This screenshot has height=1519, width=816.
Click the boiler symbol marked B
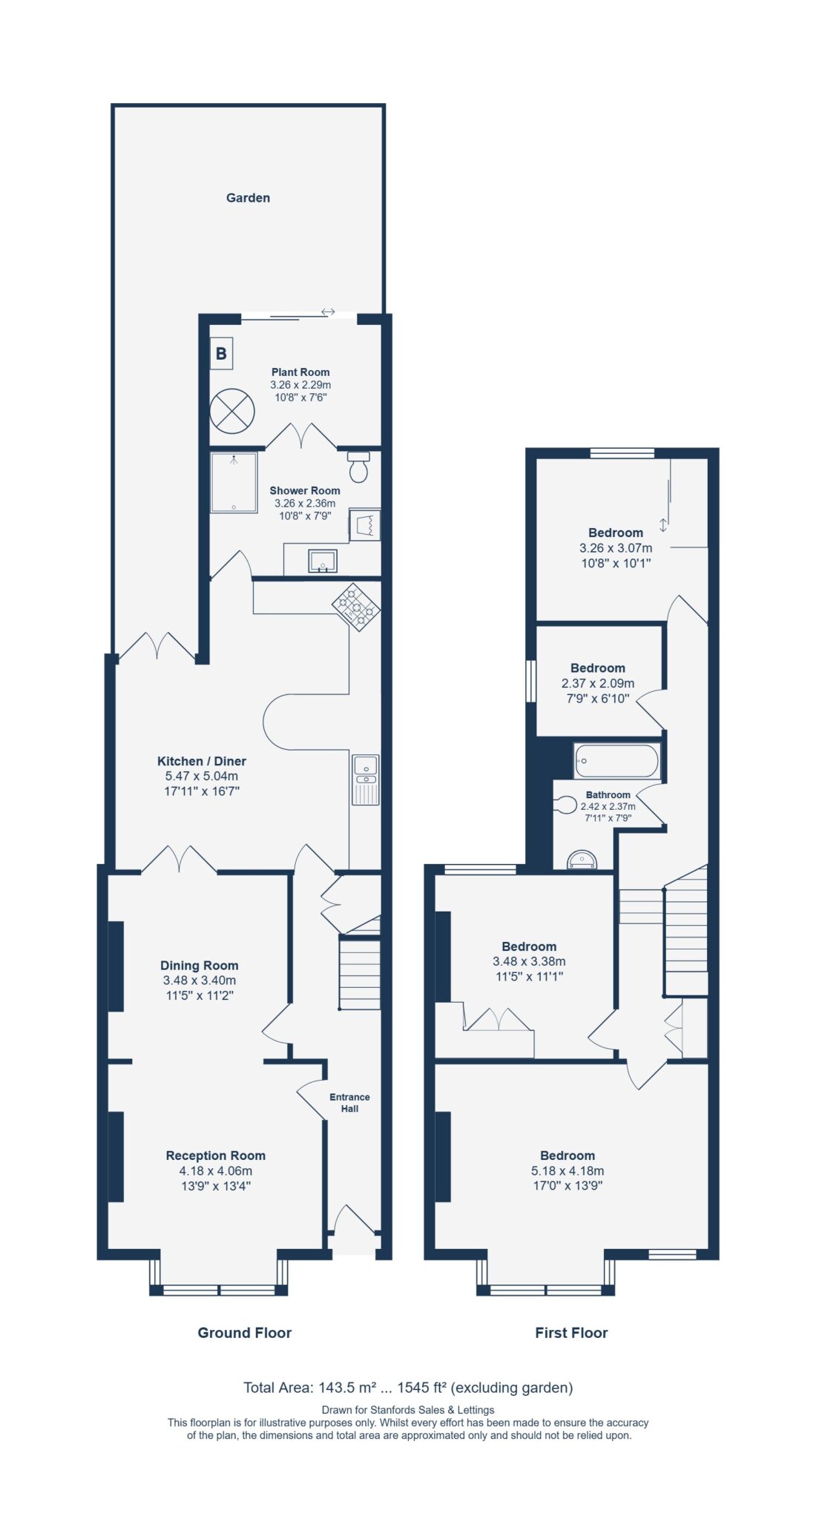[x=221, y=353]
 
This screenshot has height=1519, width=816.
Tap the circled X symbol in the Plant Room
[x=232, y=411]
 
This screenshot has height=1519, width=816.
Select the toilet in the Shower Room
[x=359, y=467]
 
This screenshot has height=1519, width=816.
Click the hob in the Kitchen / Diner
[x=356, y=607]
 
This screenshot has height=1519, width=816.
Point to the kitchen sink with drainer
[x=366, y=780]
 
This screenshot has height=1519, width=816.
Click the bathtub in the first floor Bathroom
[x=616, y=761]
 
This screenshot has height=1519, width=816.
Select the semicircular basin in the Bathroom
[x=582, y=860]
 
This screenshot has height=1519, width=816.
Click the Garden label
[x=248, y=198]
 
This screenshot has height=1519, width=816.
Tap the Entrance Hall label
[x=349, y=1103]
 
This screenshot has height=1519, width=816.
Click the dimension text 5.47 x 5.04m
[x=202, y=776]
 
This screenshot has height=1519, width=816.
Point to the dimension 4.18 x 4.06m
[x=216, y=1170]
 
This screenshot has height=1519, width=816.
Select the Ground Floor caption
[x=245, y=1333]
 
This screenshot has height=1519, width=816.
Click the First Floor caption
[x=571, y=1333]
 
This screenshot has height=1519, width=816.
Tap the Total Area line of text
[x=408, y=1388]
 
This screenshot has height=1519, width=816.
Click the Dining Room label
[x=200, y=966]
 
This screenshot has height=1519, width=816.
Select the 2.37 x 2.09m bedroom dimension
[x=598, y=683]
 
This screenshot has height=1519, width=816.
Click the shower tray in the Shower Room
[x=234, y=483]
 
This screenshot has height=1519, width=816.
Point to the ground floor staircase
[x=360, y=973]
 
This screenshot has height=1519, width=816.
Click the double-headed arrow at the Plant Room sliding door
[x=328, y=312]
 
